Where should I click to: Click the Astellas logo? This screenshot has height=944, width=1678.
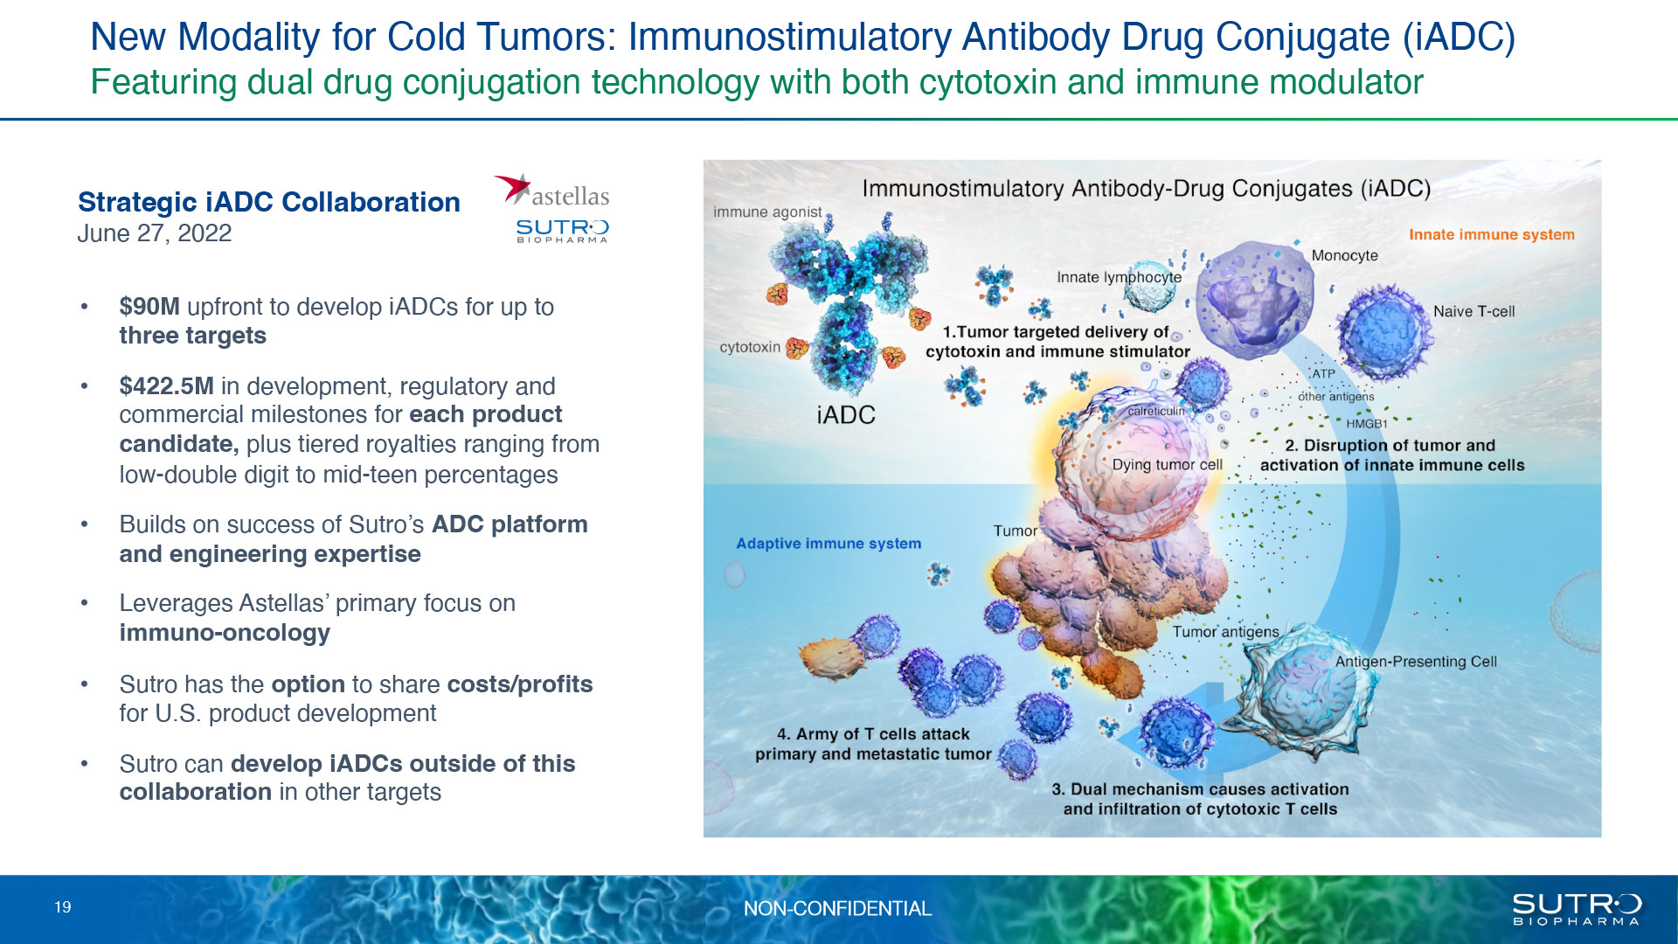(551, 191)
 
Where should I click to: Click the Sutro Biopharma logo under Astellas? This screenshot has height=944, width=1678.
(562, 231)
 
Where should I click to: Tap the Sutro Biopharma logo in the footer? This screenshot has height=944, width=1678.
(1577, 909)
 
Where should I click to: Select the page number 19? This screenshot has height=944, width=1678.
(63, 907)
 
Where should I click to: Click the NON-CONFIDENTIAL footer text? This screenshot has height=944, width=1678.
(837, 909)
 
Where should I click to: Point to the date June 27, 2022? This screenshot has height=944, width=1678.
(155, 233)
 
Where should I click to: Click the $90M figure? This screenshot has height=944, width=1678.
(149, 307)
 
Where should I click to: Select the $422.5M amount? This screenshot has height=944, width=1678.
(166, 386)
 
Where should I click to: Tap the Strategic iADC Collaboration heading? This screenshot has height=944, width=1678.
(269, 202)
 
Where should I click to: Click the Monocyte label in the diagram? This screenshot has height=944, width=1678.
(1344, 255)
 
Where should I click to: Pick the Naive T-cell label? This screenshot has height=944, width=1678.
(1473, 311)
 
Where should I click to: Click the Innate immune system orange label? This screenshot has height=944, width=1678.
(1491, 234)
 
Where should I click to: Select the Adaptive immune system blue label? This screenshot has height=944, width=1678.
(829, 544)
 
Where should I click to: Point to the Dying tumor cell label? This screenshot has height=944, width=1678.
(1167, 465)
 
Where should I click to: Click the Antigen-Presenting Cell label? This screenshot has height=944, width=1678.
(1416, 662)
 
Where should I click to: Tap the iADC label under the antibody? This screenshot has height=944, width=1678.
(846, 414)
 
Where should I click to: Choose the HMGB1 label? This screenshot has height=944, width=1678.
(1367, 424)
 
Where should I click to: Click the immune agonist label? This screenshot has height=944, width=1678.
(767, 212)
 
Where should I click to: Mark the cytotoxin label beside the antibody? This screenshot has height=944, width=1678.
(750, 347)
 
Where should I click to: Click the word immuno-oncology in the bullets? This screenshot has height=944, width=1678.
(225, 633)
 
